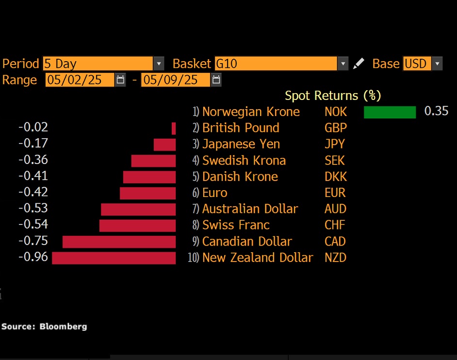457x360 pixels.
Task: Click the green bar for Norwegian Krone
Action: [390, 112]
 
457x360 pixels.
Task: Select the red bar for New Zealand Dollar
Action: [114, 258]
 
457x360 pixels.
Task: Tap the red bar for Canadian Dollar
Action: [119, 242]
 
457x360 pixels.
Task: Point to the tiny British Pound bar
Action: [173, 129]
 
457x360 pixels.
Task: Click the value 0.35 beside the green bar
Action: [436, 111]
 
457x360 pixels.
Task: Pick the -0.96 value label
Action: [33, 257]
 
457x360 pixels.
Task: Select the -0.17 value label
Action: [33, 144]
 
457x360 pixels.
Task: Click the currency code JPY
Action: [335, 144]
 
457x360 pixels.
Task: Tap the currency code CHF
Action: [335, 225]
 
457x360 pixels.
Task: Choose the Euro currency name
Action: [214, 193]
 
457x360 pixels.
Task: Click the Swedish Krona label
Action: [244, 161]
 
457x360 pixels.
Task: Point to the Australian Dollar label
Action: [250, 209]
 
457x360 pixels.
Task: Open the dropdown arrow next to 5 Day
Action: [159, 64]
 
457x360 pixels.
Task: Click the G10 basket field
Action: [275, 64]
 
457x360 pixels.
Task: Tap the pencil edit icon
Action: [359, 64]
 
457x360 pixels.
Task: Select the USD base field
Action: [416, 64]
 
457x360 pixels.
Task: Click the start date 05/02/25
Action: [80, 80]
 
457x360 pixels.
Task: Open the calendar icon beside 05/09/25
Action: [216, 80]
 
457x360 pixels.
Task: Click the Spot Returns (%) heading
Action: [332, 96]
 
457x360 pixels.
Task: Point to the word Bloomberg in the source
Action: [63, 327]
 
